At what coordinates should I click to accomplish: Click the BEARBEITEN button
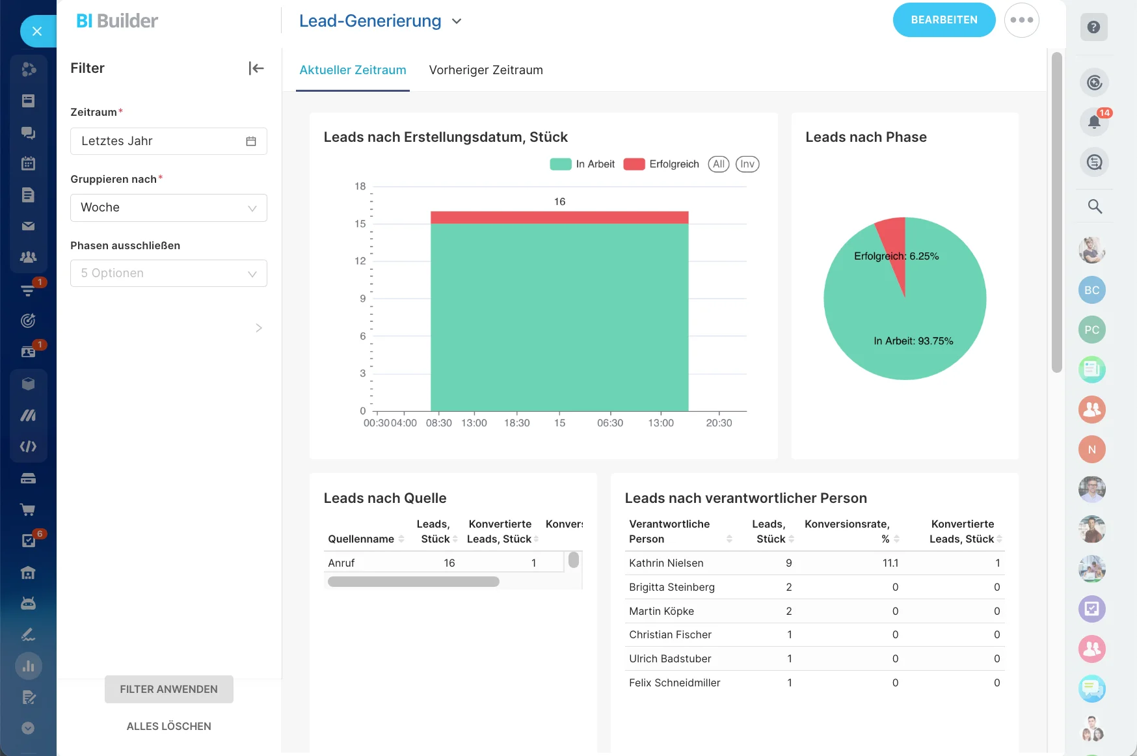tap(944, 20)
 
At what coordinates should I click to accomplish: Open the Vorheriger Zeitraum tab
tap(485, 70)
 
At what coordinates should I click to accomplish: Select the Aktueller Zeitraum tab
tap(353, 70)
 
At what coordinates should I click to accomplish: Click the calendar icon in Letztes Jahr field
tap(251, 141)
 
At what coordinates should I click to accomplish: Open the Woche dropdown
tap(168, 208)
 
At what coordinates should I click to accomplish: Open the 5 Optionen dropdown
tap(168, 274)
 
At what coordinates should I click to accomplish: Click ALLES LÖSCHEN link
tap(168, 726)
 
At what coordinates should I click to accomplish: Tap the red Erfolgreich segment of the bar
tap(559, 217)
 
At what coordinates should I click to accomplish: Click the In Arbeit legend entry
tap(583, 165)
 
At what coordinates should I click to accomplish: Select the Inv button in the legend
tap(747, 165)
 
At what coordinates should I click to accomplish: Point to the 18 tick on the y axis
tap(360, 187)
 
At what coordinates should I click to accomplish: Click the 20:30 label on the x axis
tap(719, 423)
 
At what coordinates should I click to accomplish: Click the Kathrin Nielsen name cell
tap(666, 563)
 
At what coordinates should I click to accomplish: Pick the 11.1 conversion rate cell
tap(890, 563)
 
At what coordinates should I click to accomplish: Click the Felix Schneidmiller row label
tap(675, 683)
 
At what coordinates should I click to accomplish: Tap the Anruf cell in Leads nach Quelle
tap(341, 563)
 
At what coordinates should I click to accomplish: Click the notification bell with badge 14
tap(1094, 122)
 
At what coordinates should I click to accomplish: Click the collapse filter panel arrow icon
tap(256, 68)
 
